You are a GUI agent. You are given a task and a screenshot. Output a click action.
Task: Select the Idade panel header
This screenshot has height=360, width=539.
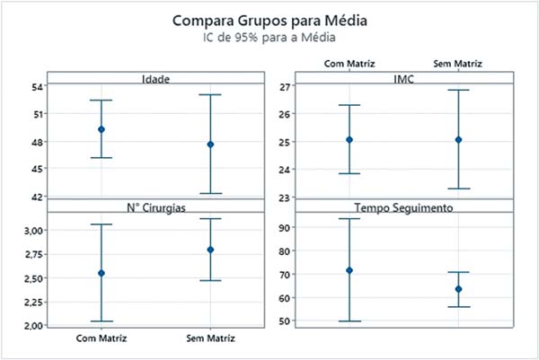pyautogui.click(x=156, y=79)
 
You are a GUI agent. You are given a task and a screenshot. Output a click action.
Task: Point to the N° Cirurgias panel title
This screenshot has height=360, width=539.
pyautogui.click(x=156, y=207)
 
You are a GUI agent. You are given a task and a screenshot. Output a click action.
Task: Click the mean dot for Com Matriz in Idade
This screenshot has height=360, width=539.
pyautogui.click(x=102, y=129)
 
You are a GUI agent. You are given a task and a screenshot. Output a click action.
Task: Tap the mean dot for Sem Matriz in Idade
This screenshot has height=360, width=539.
pyautogui.click(x=210, y=144)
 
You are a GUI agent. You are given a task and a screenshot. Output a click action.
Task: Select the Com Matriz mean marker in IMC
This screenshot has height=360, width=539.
pyautogui.click(x=349, y=139)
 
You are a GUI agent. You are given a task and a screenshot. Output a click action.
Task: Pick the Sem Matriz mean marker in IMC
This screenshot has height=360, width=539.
pyautogui.click(x=458, y=139)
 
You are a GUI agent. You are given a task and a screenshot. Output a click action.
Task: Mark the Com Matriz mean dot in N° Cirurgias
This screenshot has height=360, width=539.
pyautogui.click(x=102, y=273)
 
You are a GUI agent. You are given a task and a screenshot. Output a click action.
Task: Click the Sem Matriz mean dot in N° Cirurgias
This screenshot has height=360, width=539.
pyautogui.click(x=210, y=250)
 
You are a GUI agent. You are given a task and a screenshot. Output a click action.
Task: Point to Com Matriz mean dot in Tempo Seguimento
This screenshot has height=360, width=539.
pyautogui.click(x=349, y=270)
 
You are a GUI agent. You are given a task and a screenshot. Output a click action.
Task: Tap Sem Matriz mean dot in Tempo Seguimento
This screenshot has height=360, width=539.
pyautogui.click(x=458, y=289)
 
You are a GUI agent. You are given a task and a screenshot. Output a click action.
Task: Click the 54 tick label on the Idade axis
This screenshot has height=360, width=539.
pyautogui.click(x=31, y=87)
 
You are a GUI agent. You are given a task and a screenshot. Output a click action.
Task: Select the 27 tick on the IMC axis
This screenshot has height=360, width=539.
pyautogui.click(x=286, y=87)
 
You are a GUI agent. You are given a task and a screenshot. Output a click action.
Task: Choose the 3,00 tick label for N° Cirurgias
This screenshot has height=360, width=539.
pyautogui.click(x=28, y=231)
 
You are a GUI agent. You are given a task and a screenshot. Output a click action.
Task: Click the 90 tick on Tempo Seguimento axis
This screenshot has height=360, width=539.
pyautogui.click(x=286, y=228)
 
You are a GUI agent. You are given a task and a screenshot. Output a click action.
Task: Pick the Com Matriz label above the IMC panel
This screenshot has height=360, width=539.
pyautogui.click(x=349, y=64)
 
